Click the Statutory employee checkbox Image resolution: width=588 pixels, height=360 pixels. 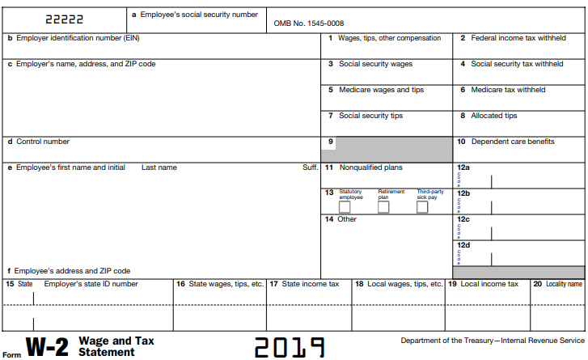345,207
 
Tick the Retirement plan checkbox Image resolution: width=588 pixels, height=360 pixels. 383,207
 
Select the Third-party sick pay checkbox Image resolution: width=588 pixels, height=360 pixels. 422,207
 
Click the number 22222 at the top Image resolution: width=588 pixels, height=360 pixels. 64,18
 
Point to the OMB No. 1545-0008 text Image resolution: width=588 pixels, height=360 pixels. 309,23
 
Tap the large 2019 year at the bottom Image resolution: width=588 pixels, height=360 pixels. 290,347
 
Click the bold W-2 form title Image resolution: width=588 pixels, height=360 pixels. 49,347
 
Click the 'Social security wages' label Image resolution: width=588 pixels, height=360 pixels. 374,64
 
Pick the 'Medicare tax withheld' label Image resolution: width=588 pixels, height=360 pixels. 508,90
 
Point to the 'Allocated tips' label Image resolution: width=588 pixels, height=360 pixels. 494,116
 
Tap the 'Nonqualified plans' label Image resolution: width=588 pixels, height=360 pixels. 370,167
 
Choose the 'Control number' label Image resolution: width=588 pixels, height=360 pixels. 43,142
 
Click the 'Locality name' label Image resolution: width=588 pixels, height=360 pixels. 563,284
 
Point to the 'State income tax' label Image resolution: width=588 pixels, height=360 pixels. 311,284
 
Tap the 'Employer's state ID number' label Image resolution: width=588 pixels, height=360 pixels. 91,284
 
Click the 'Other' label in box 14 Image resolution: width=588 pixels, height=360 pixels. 347,219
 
